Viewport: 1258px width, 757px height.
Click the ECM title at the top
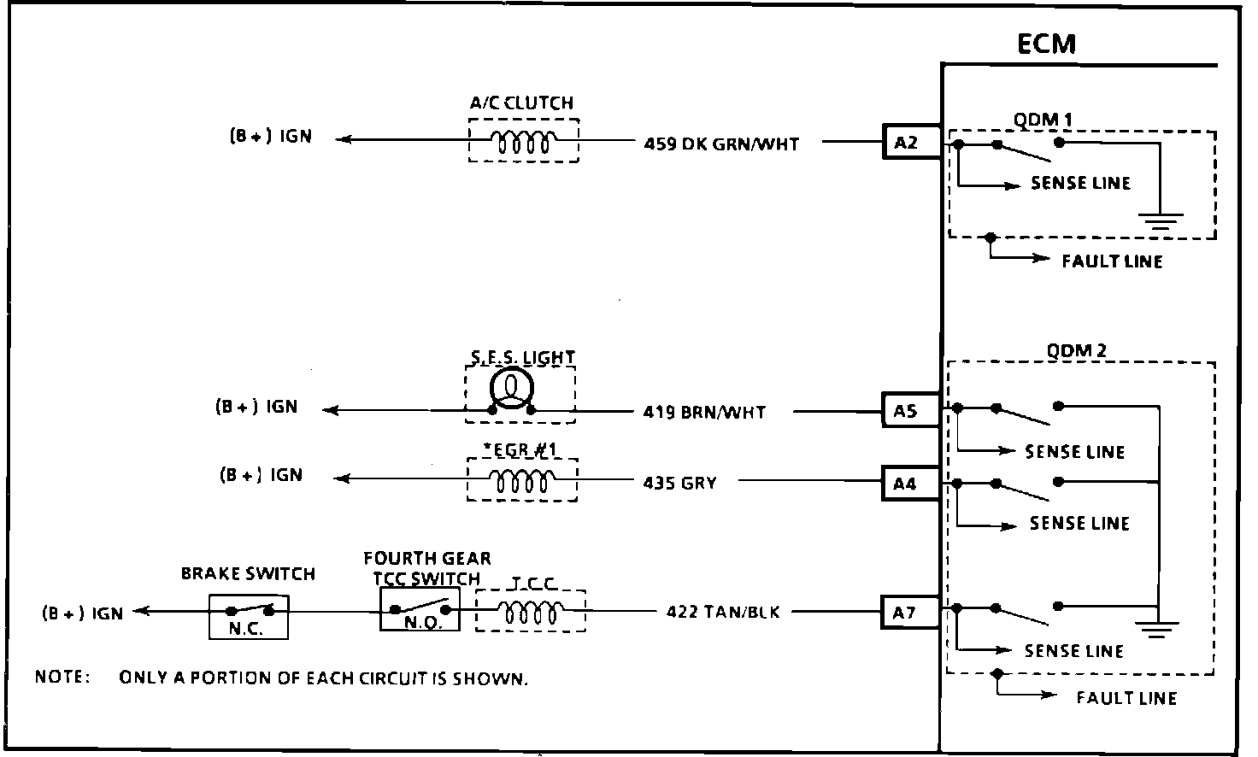click(x=1046, y=44)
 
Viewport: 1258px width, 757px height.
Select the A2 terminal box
click(x=906, y=143)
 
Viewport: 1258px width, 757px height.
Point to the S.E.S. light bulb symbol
click(x=511, y=390)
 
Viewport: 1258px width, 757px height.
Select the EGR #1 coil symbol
click(x=522, y=481)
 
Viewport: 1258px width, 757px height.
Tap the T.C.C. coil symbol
click(x=531, y=612)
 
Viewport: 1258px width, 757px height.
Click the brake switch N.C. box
click(x=249, y=618)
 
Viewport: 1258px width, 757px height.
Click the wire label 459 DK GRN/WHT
click(x=721, y=144)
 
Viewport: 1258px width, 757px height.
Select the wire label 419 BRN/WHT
click(x=704, y=412)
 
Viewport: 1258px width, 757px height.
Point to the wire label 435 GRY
click(x=679, y=483)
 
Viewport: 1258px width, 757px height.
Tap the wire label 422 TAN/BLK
click(x=723, y=612)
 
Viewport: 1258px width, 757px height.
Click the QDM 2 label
click(x=1076, y=350)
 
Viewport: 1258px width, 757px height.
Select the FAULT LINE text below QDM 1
click(x=1112, y=261)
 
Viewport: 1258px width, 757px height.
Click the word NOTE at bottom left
click(x=62, y=678)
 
